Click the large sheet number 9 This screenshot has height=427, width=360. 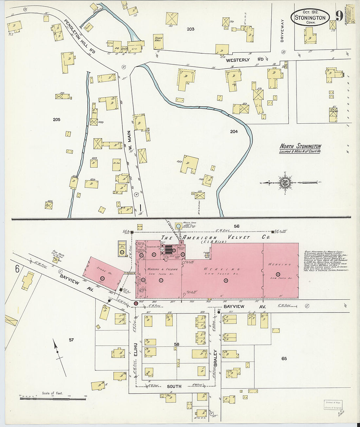pos(339,15)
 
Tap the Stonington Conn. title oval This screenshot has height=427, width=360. pos(310,17)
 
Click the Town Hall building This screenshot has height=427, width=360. pos(158,41)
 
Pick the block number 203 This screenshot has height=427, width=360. pos(190,29)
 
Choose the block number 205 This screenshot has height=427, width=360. pos(57,120)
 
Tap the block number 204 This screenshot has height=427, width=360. pos(234,132)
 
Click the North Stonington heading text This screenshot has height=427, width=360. pos(300,147)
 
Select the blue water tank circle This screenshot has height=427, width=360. pos(178,226)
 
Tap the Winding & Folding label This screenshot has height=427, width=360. pos(162,269)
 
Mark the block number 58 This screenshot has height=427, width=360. pos(177,344)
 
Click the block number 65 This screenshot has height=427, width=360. pos(284,359)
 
